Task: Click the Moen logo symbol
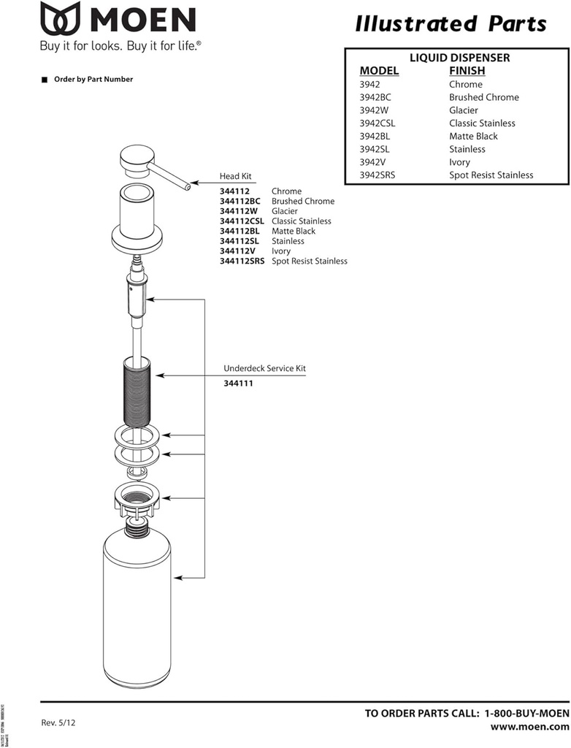tap(61, 20)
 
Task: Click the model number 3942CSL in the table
tap(377, 123)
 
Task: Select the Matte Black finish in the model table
tap(473, 137)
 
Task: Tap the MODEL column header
tap(379, 71)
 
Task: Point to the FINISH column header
tap(467, 71)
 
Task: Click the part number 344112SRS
tap(242, 261)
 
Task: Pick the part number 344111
tap(238, 383)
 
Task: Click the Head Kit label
tap(235, 177)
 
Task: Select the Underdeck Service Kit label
tap(264, 369)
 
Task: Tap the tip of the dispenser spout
tap(188, 186)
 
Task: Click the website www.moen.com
tap(529, 728)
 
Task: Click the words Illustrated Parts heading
tap(451, 24)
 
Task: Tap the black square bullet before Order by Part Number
tap(45, 80)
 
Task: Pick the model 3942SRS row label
tap(379, 175)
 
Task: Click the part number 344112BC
tap(240, 202)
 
